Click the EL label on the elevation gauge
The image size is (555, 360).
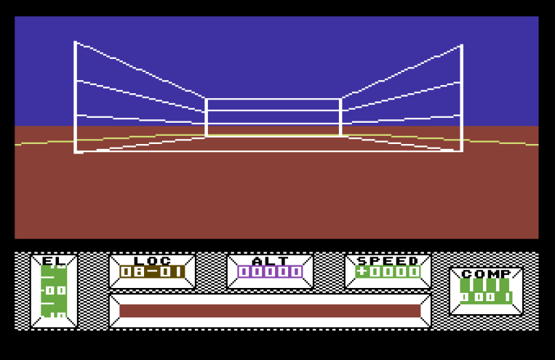(54, 261)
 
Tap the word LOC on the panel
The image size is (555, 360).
(152, 261)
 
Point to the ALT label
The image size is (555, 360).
(270, 261)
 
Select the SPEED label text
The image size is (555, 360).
(388, 261)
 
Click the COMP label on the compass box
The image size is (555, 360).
(486, 274)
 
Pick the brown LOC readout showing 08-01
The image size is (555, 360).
(152, 272)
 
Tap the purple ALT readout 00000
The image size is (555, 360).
(270, 272)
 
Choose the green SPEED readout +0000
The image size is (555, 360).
(388, 272)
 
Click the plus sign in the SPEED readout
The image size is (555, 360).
(362, 272)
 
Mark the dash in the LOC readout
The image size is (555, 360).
(152, 272)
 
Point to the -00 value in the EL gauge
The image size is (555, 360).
(54, 290)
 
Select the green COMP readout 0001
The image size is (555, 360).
(486, 297)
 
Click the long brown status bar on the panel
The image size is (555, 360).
(270, 311)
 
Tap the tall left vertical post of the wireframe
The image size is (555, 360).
(75, 97)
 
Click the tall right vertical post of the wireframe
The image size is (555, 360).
(462, 98)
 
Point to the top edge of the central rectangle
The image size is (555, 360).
(273, 99)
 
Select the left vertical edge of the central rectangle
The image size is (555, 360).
(206, 117)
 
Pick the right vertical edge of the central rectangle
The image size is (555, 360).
(340, 117)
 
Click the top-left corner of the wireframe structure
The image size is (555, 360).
(75, 42)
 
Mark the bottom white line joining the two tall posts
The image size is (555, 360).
(268, 152)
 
